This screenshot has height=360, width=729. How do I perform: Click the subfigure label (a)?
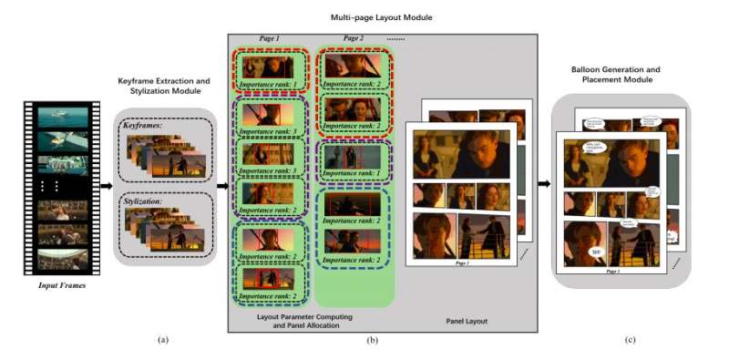(163, 340)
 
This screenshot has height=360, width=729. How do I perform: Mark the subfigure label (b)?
(372, 340)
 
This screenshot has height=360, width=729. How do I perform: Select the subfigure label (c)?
(629, 340)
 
